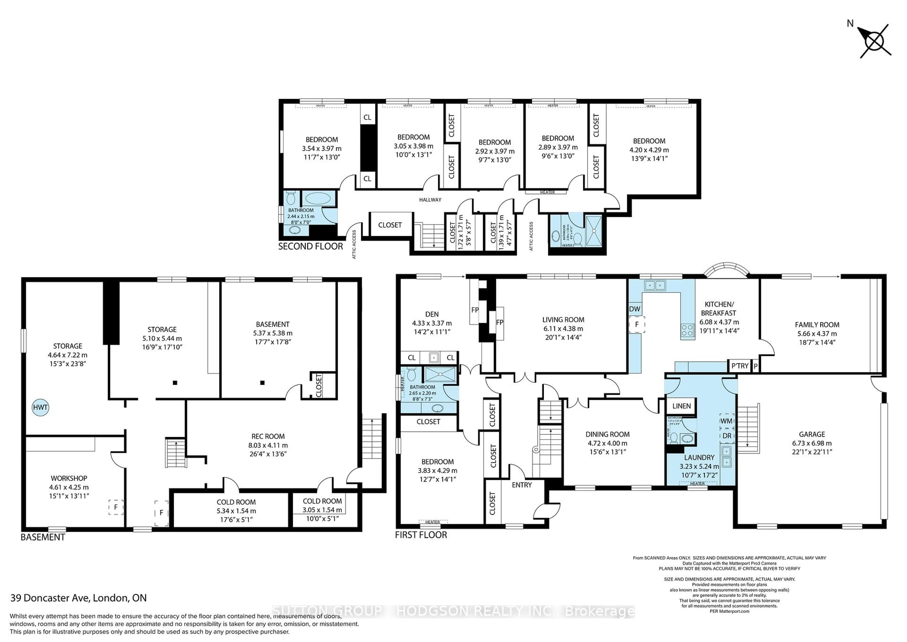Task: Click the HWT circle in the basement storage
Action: pyautogui.click(x=40, y=408)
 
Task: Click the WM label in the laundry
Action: pyautogui.click(x=726, y=421)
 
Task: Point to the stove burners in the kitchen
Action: pyautogui.click(x=687, y=330)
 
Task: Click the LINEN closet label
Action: pyautogui.click(x=681, y=406)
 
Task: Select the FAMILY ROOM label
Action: pyautogui.click(x=817, y=325)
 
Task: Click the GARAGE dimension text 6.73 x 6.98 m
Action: pyautogui.click(x=812, y=443)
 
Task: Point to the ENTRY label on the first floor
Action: pyautogui.click(x=522, y=485)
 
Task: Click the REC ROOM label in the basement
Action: pyautogui.click(x=268, y=436)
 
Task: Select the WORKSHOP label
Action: pyautogui.click(x=69, y=478)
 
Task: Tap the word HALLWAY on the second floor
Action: pyautogui.click(x=430, y=200)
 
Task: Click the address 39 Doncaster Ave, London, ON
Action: pyautogui.click(x=79, y=598)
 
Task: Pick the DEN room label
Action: pyautogui.click(x=432, y=314)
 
